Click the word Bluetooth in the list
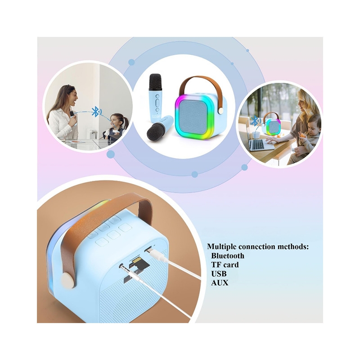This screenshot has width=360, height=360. click(x=228, y=256)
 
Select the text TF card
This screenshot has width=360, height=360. click(x=225, y=265)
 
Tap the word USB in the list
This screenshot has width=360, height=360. click(x=219, y=274)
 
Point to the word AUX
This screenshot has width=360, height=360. click(x=220, y=283)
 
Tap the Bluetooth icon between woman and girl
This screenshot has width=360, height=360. click(x=96, y=112)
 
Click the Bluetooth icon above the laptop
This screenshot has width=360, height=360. click(x=255, y=120)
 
